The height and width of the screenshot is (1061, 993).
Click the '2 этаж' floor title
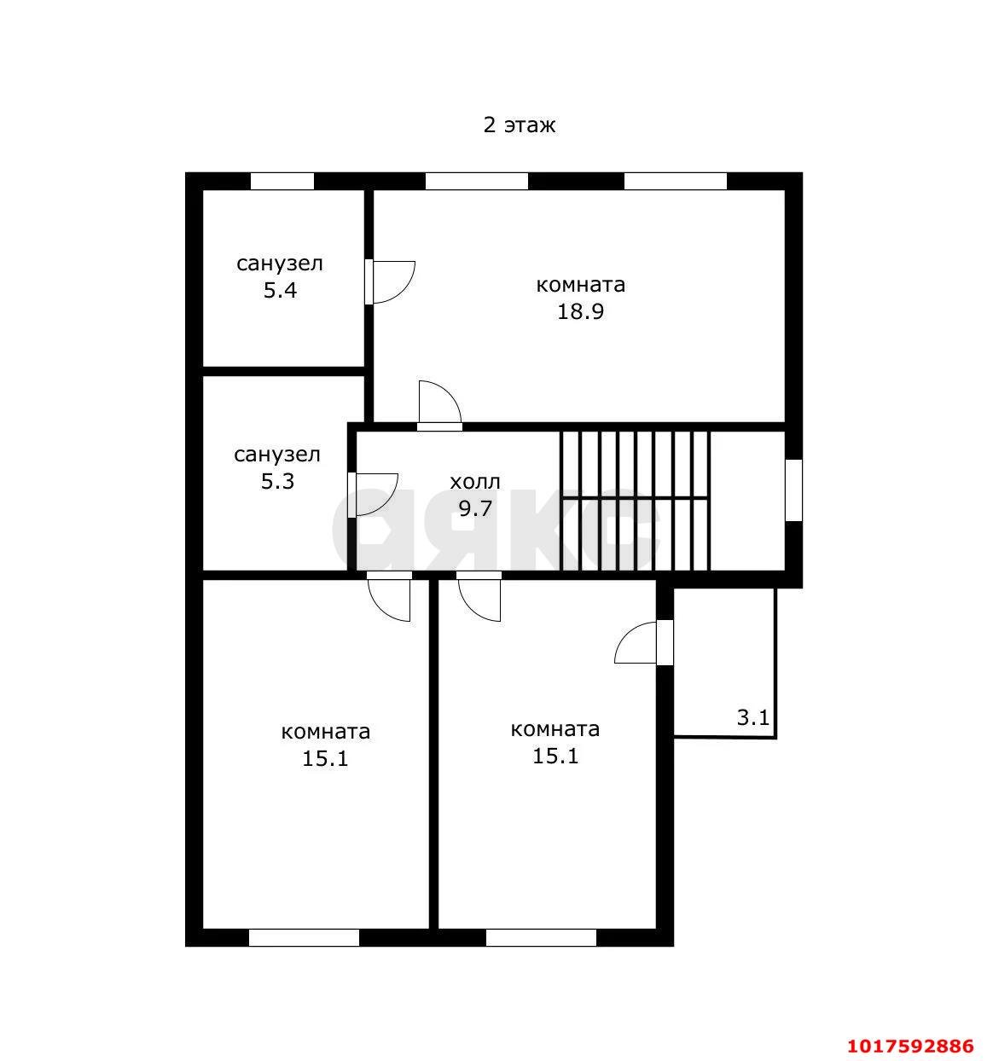519,125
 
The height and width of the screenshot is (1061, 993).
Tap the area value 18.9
580,311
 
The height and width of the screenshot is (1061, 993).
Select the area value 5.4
280,290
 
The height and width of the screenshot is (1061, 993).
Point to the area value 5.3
277,481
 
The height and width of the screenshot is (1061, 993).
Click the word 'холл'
475,482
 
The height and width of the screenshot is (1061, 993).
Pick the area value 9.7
475,508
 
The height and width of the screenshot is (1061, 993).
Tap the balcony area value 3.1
752,717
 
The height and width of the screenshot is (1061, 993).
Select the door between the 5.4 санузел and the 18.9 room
390,282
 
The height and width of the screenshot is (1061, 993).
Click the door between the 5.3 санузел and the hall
373,495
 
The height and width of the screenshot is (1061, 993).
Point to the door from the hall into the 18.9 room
439,406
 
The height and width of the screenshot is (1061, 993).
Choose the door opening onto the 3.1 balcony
643,643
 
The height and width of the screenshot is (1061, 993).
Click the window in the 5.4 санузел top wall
282,181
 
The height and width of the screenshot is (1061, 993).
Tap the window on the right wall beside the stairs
793,490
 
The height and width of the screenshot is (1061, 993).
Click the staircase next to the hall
635,501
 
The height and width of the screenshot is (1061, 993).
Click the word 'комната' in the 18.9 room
580,285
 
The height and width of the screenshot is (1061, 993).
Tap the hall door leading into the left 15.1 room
389,596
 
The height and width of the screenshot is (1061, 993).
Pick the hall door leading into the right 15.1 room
479,596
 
